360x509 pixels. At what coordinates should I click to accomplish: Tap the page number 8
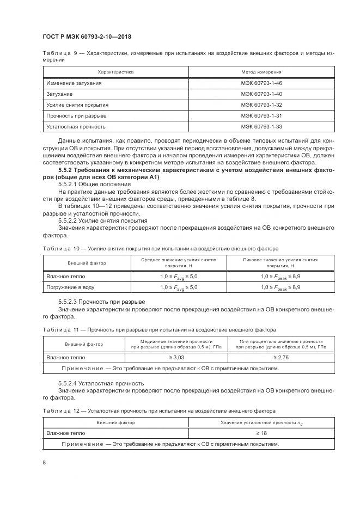tap(44, 463)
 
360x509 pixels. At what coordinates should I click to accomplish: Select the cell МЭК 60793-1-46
tap(261, 83)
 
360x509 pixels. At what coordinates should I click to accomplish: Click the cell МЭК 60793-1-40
tap(261, 94)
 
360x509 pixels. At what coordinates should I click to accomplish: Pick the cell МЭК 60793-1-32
tap(261, 105)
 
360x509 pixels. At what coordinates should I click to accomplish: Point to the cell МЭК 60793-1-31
tap(261, 116)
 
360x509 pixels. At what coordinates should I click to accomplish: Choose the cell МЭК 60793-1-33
tap(261, 127)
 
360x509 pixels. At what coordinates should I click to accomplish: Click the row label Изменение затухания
tap(74, 83)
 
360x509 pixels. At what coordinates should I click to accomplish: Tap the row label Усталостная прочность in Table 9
tap(76, 127)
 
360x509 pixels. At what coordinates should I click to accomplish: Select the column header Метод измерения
tap(261, 72)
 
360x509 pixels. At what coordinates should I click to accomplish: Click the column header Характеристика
tap(115, 72)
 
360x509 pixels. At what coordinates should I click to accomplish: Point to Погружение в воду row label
tap(70, 287)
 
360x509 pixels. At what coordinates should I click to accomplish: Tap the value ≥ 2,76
tap(281, 358)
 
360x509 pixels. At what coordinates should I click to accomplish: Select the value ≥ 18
tap(261, 433)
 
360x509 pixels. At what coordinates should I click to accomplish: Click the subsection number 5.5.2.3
tap(68, 302)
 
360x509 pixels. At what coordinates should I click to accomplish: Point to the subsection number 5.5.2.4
tap(68, 383)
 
